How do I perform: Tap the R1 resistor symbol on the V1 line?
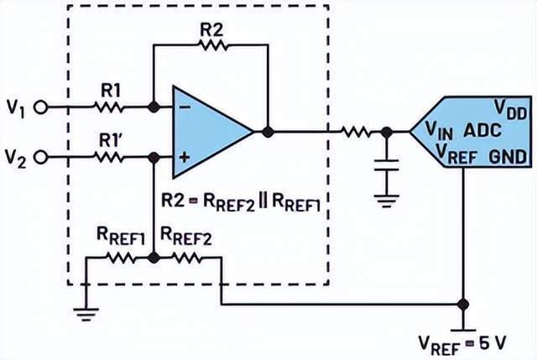pos(108,107)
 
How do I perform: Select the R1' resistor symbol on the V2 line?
pos(108,157)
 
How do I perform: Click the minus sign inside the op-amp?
pos(184,108)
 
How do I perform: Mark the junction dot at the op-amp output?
pos(267,132)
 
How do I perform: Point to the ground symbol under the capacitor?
pos(386,199)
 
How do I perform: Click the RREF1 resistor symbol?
pos(121,258)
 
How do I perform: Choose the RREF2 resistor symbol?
pos(186,258)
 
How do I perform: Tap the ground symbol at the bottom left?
pos(85,314)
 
